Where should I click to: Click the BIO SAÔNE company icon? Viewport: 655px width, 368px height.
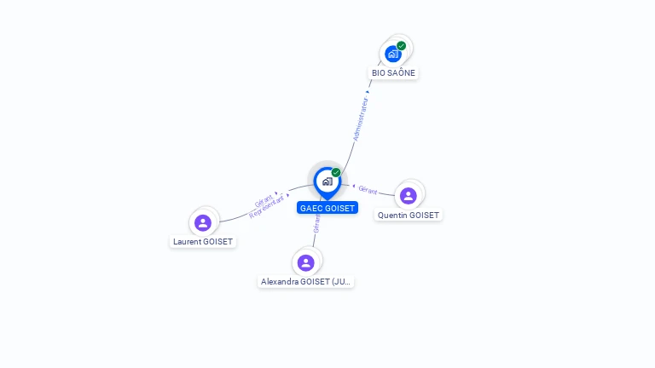coord(392,54)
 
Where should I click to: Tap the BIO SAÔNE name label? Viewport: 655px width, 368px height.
coord(393,73)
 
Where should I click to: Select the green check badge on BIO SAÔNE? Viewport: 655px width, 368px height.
coord(401,46)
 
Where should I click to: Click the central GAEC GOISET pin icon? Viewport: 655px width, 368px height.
coord(327,181)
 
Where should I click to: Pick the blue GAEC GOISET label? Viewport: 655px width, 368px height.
coord(327,208)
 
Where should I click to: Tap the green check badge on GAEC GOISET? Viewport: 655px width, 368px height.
coord(336,173)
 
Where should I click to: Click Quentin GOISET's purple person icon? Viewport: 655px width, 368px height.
coord(409,196)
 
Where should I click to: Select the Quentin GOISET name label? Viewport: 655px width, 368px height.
coord(409,216)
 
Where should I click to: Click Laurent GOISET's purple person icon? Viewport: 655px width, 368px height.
coord(203,222)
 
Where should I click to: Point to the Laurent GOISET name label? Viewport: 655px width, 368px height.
coord(203,242)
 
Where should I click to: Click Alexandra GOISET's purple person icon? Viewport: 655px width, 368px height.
coord(306,262)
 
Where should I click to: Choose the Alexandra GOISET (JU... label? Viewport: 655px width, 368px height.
coord(306,282)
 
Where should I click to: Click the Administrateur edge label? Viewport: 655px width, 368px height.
coord(362,118)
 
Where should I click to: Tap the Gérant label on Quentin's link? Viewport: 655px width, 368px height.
coord(368,190)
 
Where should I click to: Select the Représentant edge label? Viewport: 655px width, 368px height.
coord(267,207)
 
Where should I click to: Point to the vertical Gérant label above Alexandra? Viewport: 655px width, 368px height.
coord(316,223)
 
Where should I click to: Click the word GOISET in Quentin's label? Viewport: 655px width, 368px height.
coord(424,216)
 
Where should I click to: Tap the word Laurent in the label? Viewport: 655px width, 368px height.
coord(187,242)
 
